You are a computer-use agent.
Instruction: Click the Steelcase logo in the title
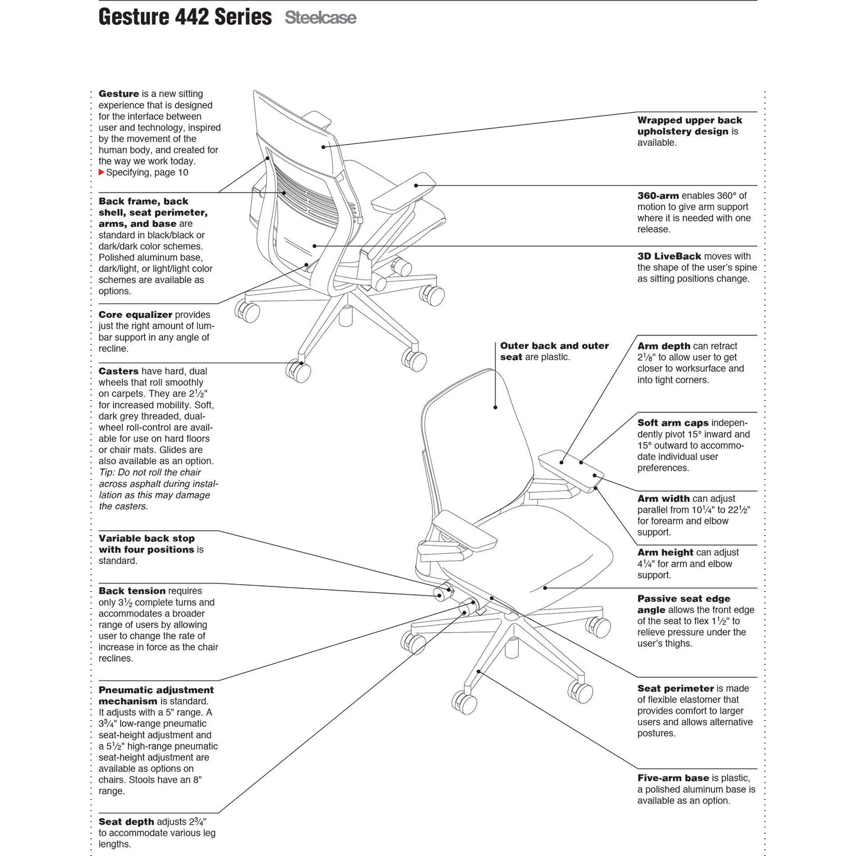[x=320, y=18]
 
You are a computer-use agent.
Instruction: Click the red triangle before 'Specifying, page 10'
[x=101, y=172]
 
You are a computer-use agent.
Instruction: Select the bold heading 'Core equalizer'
[x=135, y=315]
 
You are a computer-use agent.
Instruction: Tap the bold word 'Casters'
[x=118, y=371]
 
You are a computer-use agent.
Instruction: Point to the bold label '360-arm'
[x=658, y=195]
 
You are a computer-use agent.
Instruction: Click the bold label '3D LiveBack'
[x=669, y=257]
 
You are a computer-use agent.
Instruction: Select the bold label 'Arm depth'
[x=663, y=346]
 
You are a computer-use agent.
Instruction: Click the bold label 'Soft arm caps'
[x=672, y=423]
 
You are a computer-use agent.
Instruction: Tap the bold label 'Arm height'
[x=665, y=553]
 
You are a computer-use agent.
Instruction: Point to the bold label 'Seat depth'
[x=126, y=822]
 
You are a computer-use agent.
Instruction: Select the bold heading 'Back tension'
[x=132, y=591]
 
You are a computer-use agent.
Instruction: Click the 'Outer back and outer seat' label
[x=554, y=351]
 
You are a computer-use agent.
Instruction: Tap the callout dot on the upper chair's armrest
[x=417, y=185]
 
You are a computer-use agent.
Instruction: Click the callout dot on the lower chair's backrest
[x=496, y=407]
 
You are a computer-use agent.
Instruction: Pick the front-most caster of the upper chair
[x=298, y=371]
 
